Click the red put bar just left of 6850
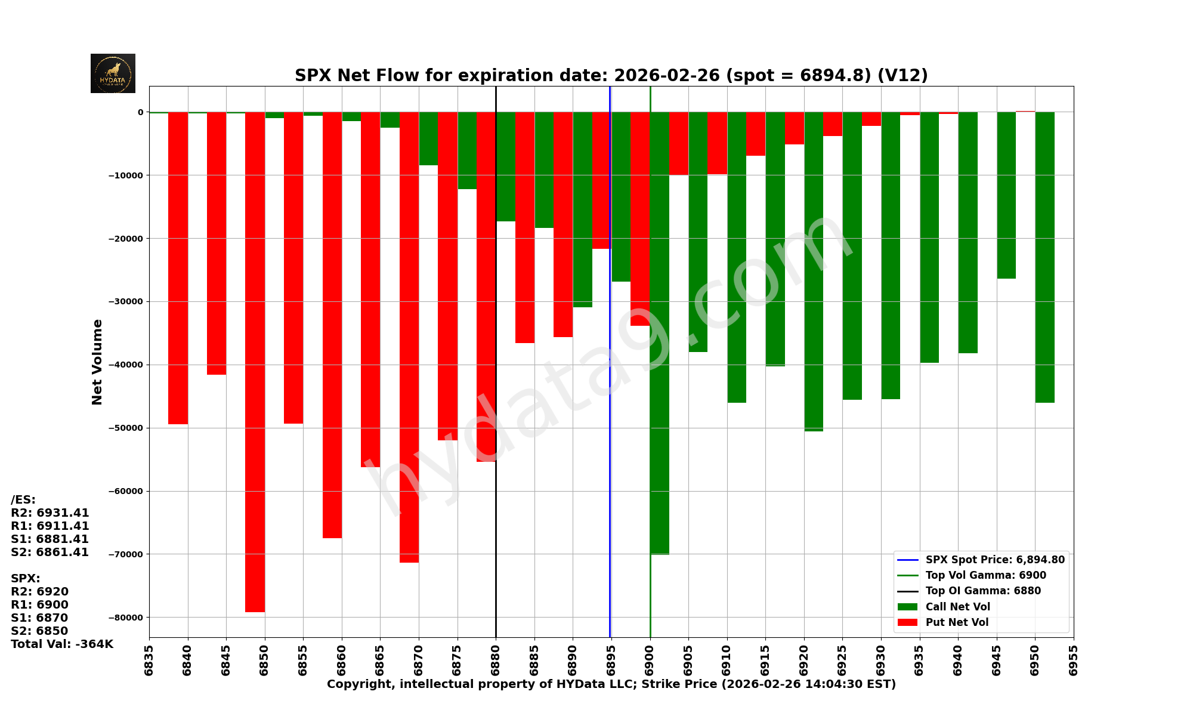pyautogui.click(x=255, y=362)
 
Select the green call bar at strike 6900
pyautogui.click(x=659, y=333)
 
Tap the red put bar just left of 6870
pyautogui.click(x=409, y=337)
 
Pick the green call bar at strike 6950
pyautogui.click(x=1044, y=257)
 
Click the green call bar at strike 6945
pyautogui.click(x=1006, y=195)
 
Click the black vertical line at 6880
pyautogui.click(x=496, y=537)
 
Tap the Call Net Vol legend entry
pyautogui.click(x=957, y=607)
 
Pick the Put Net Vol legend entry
pyautogui.click(x=957, y=622)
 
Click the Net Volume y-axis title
pyautogui.click(x=97, y=362)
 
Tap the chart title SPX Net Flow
pyautogui.click(x=611, y=76)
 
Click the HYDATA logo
pyautogui.click(x=113, y=73)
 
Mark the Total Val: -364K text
pyautogui.click(x=62, y=644)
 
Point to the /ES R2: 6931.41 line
pyautogui.click(x=50, y=513)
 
